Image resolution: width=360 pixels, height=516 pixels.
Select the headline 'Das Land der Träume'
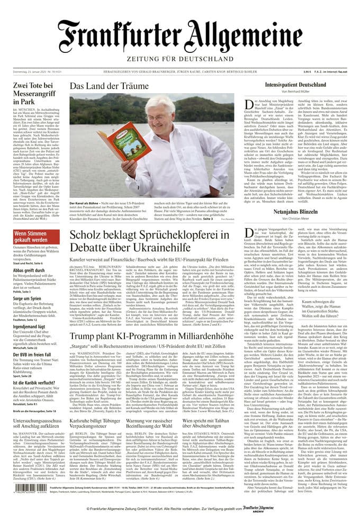pyautogui.click(x=109, y=86)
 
